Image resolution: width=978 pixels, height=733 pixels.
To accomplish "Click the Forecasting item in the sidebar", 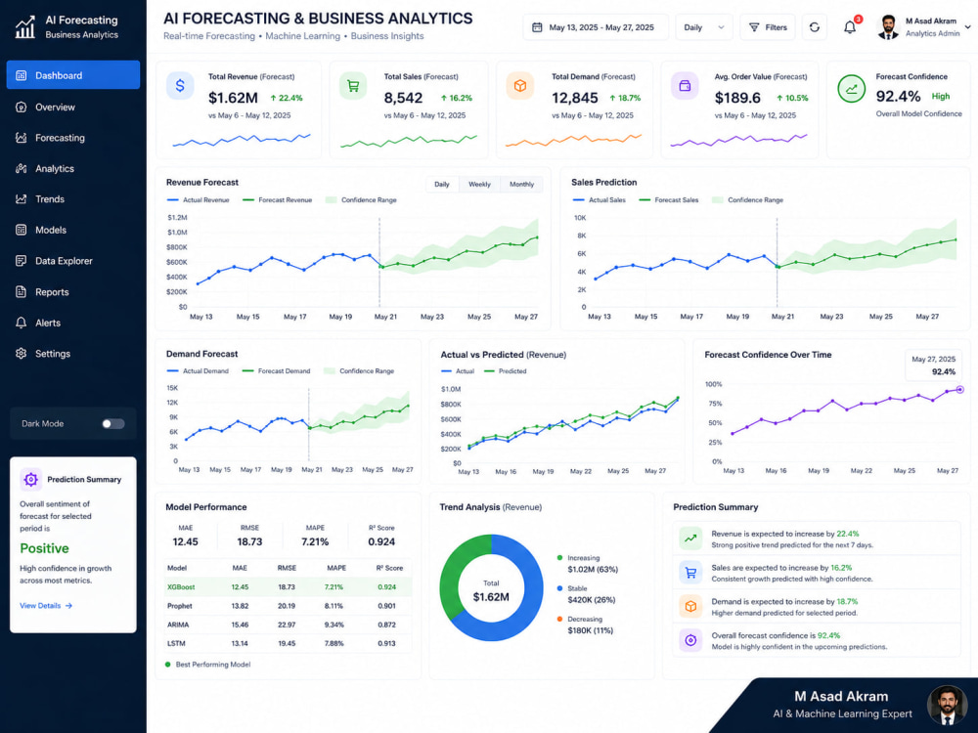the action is pyautogui.click(x=60, y=138).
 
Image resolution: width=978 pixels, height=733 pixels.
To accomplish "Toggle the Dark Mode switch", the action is pyautogui.click(x=112, y=424).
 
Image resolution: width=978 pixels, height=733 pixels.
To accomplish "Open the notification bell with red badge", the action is pyautogui.click(x=850, y=26).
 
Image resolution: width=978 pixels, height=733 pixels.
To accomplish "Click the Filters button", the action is pyautogui.click(x=768, y=27).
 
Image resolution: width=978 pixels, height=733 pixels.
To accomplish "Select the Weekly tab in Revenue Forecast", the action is pyautogui.click(x=479, y=185).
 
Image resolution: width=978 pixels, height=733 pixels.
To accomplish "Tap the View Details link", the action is pyautogui.click(x=46, y=606).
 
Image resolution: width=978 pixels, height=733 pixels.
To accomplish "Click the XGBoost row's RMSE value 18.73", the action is pyautogui.click(x=287, y=587).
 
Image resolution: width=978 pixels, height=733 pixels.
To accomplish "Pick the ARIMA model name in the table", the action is pyautogui.click(x=178, y=625).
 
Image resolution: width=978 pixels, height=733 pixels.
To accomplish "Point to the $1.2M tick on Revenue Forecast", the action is pyautogui.click(x=177, y=218).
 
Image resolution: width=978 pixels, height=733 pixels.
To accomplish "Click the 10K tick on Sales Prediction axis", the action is pyautogui.click(x=580, y=218).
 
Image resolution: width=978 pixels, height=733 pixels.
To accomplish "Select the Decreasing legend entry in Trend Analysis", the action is pyautogui.click(x=585, y=620).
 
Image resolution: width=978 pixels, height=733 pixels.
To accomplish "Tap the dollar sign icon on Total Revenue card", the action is pyautogui.click(x=180, y=85).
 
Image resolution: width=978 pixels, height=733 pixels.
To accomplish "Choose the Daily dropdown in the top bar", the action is pyautogui.click(x=703, y=27).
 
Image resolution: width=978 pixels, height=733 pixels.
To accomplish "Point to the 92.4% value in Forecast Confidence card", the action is pyautogui.click(x=898, y=96).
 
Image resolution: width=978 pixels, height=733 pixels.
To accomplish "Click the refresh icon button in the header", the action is pyautogui.click(x=814, y=27).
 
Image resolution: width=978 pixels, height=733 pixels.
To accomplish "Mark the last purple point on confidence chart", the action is pyautogui.click(x=960, y=390).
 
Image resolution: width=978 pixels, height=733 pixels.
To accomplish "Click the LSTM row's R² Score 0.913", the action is pyautogui.click(x=386, y=643).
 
